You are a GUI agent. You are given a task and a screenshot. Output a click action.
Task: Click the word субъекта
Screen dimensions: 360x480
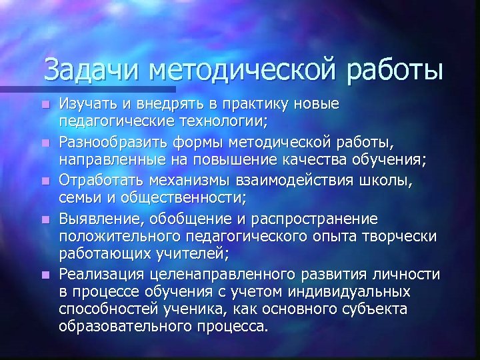pyautogui.click(x=371, y=308)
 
